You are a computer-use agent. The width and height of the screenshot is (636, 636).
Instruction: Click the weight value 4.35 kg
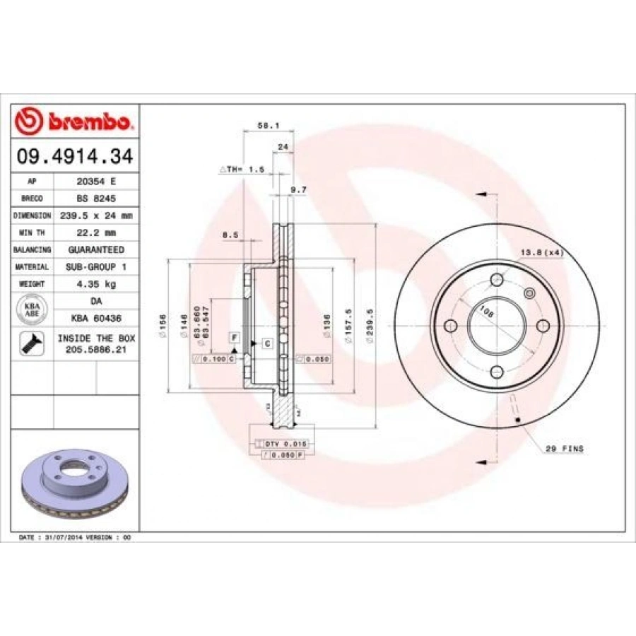96,284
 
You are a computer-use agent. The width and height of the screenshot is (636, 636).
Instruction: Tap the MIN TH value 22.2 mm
96,232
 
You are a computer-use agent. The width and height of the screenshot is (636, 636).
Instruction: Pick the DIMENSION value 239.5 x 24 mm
96,215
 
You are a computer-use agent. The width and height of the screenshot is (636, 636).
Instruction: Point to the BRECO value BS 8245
96,198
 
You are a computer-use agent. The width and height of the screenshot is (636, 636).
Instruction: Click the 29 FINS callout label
564,449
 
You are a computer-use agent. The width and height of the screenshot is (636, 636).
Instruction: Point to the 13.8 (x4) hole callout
541,252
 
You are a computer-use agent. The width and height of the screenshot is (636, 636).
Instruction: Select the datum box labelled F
234,337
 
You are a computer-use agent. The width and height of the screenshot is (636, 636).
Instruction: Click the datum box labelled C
268,343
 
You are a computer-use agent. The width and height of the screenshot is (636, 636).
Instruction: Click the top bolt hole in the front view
496,278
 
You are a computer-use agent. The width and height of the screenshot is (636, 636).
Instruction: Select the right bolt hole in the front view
543,325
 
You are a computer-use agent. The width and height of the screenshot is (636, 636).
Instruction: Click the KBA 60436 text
96,319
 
